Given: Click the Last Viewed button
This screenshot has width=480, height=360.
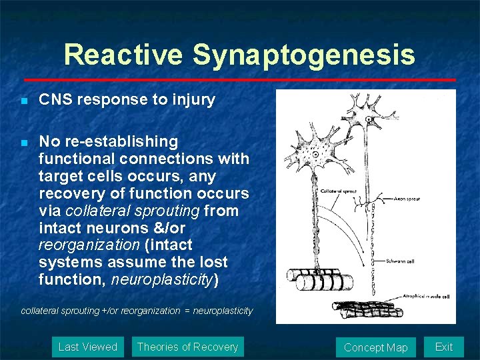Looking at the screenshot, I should click(x=87, y=347).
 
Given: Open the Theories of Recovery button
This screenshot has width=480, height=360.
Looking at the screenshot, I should click(x=187, y=347).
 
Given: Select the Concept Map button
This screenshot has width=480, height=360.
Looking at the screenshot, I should click(x=375, y=347).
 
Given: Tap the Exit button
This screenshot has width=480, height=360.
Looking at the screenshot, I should click(x=443, y=347).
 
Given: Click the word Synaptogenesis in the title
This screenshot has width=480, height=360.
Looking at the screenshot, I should click(x=304, y=55).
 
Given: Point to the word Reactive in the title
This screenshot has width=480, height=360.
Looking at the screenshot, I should click(x=125, y=55).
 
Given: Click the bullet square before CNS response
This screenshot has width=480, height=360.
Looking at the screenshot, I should click(x=23, y=101).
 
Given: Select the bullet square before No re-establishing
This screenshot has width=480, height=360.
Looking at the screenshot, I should click(x=23, y=143).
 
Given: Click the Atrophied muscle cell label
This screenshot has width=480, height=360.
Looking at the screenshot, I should click(x=427, y=295).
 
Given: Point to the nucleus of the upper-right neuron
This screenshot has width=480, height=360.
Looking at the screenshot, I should click(x=368, y=118).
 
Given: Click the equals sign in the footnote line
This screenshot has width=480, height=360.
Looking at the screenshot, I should click(x=186, y=311).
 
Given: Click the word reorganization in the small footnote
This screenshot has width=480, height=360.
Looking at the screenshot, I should click(x=152, y=311).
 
